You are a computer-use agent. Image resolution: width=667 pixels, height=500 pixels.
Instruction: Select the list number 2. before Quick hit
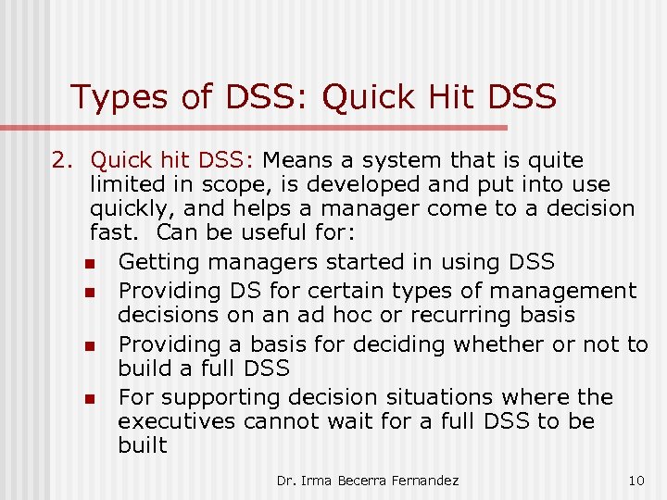pyautogui.click(x=61, y=161)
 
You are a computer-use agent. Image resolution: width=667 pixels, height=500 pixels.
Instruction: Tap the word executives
pyautogui.click(x=176, y=421)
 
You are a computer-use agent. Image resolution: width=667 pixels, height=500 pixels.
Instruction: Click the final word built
pyautogui.click(x=143, y=445)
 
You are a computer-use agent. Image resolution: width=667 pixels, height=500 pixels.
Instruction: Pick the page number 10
pyautogui.click(x=636, y=481)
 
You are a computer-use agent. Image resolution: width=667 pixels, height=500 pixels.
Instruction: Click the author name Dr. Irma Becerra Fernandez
pyautogui.click(x=368, y=481)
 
